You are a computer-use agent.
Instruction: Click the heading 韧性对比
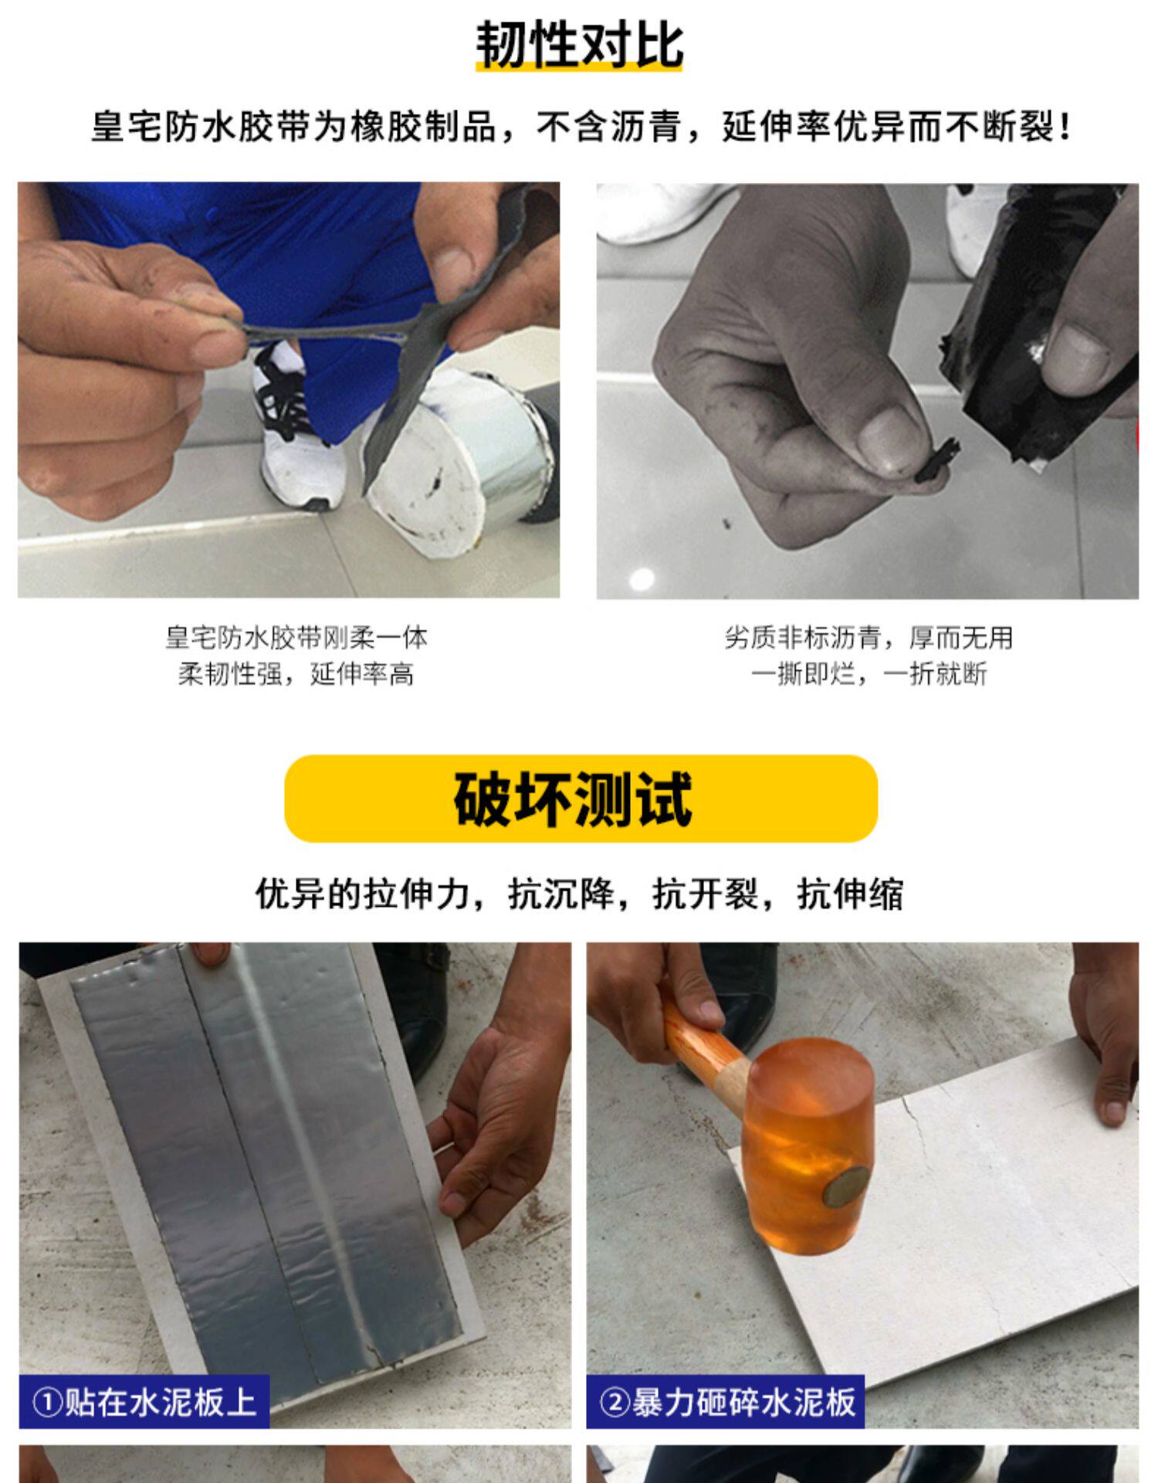tap(579, 44)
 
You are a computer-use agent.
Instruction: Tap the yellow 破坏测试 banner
tap(581, 798)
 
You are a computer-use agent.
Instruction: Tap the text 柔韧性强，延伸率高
tap(296, 674)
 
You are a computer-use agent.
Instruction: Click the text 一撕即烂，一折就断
tap(868, 674)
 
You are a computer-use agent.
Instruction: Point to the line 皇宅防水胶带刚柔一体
tap(296, 638)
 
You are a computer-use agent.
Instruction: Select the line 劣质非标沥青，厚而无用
tap(868, 638)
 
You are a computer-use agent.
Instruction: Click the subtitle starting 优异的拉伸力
tap(579, 894)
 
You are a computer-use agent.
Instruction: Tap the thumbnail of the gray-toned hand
tap(868, 391)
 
